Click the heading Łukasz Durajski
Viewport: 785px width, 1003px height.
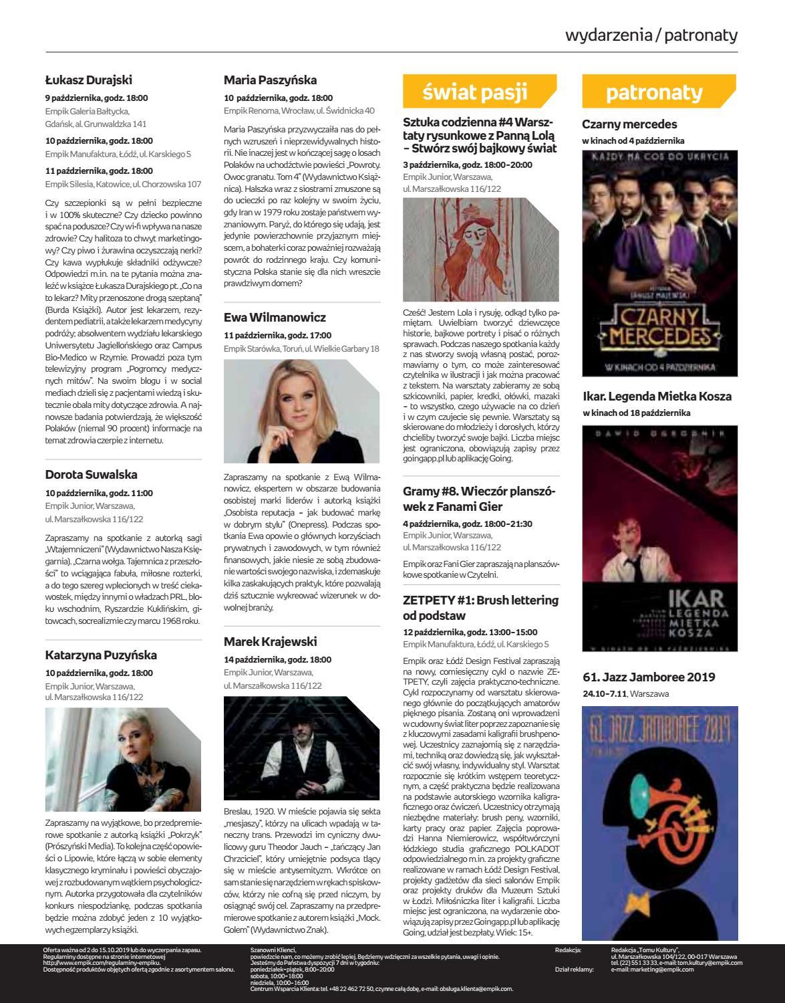[x=88, y=81]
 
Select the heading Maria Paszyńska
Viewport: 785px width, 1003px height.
[x=270, y=80]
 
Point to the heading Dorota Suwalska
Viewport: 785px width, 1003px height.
[x=91, y=475]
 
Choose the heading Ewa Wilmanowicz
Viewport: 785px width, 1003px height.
[x=275, y=318]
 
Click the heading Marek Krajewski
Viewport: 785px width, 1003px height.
[x=270, y=642]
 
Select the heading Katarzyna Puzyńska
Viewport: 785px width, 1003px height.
[x=101, y=655]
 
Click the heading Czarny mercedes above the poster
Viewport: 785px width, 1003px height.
[x=629, y=124]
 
